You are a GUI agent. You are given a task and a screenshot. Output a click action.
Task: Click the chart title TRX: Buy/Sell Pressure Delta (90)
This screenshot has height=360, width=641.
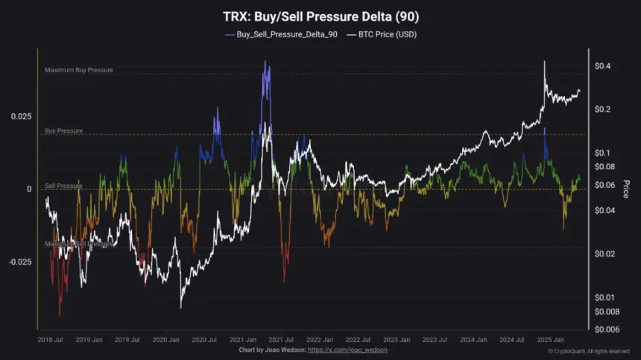tap(320, 16)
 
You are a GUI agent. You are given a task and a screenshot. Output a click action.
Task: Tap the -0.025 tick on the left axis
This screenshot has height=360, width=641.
tap(20, 262)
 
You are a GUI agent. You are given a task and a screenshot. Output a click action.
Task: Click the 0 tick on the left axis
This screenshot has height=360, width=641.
tap(30, 189)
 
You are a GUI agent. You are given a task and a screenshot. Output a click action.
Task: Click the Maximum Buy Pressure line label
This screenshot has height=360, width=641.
tap(79, 70)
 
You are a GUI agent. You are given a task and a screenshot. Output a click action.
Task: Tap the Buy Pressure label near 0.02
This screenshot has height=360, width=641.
tap(63, 130)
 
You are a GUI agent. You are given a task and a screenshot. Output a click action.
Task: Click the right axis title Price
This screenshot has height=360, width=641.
tap(625, 189)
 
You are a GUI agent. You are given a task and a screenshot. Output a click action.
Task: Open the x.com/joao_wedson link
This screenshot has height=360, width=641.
tap(347, 350)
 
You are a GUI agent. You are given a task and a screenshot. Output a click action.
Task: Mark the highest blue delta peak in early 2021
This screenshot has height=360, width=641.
tap(265, 63)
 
